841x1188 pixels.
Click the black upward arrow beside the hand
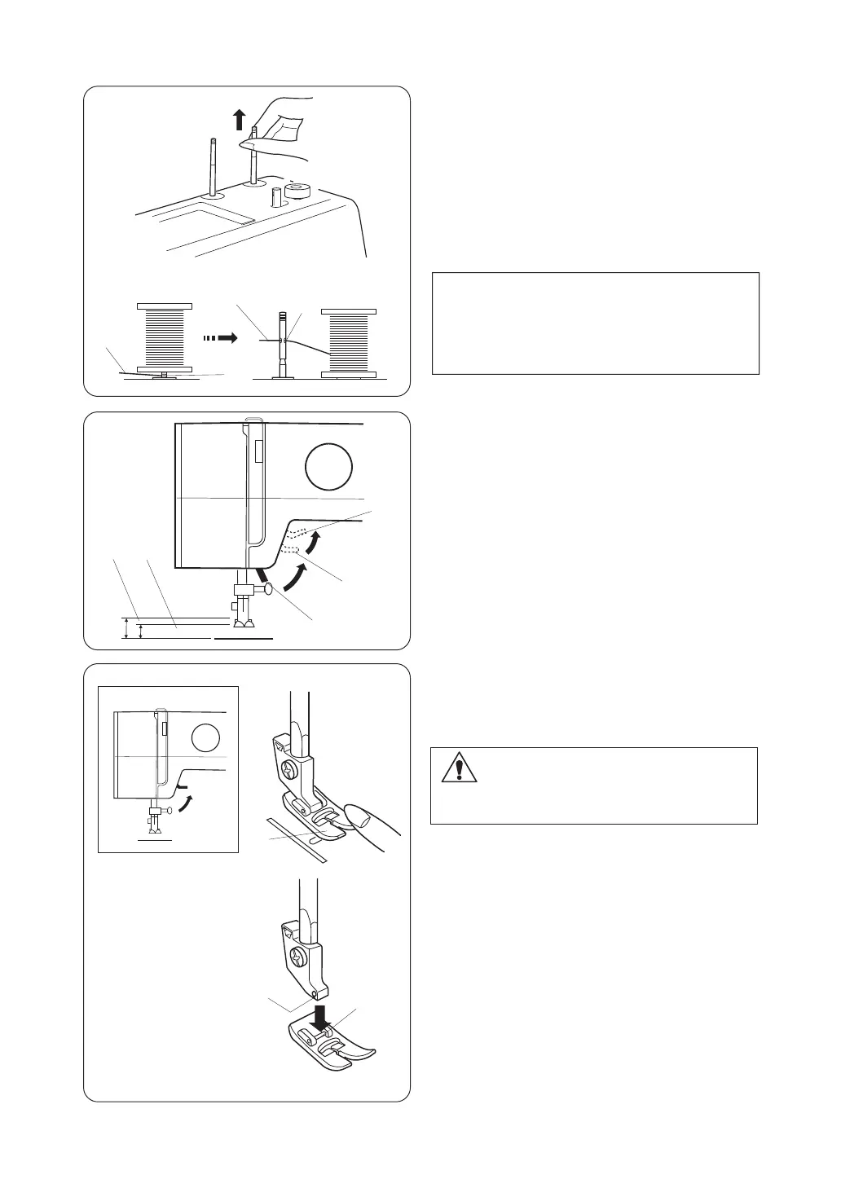[x=239, y=121]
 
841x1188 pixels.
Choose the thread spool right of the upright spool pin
[x=350, y=343]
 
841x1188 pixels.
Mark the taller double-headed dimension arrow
[x=126, y=628]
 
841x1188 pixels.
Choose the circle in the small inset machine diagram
[x=205, y=739]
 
